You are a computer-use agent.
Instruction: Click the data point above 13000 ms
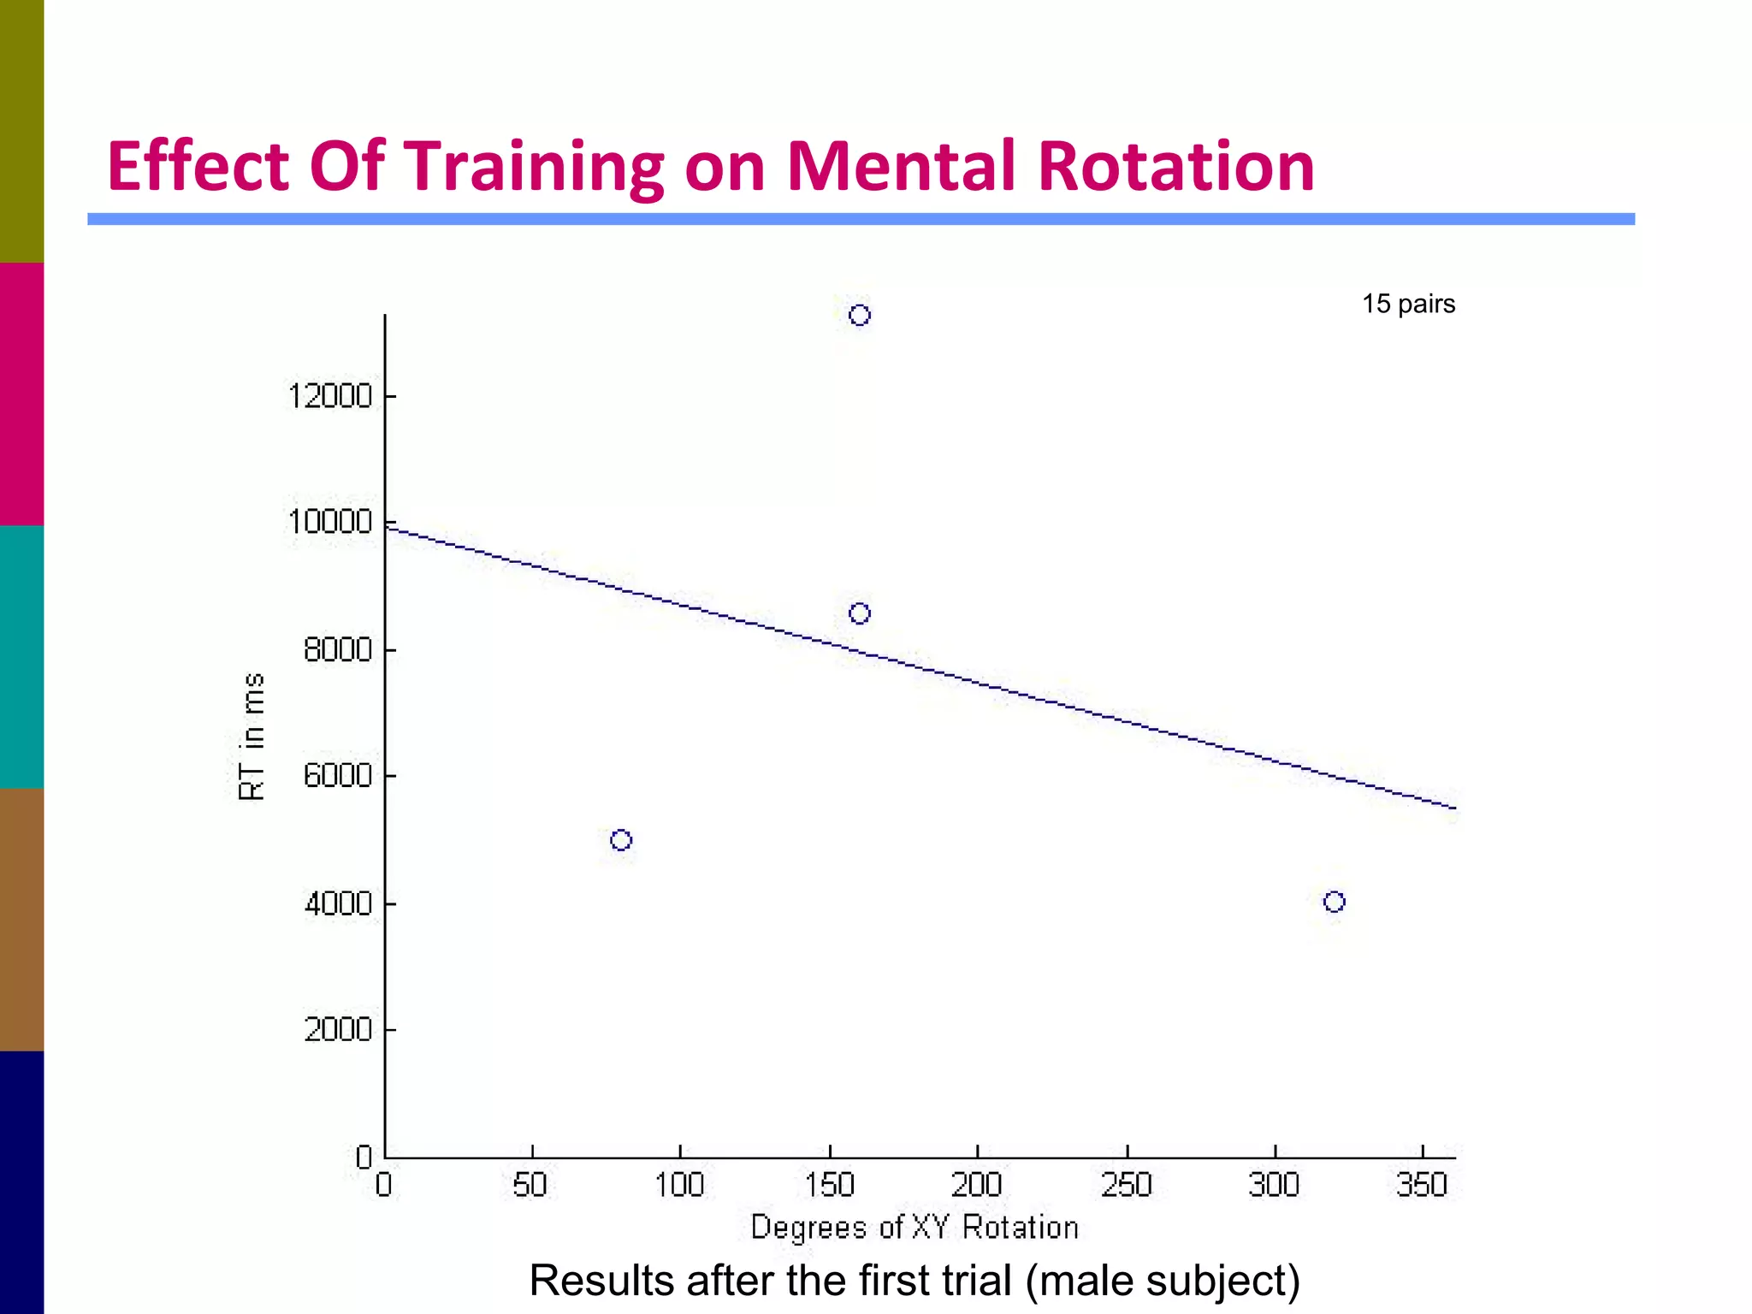pyautogui.click(x=860, y=316)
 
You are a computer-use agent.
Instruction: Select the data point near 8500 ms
pyautogui.click(x=860, y=613)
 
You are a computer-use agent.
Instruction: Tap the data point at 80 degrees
pyautogui.click(x=621, y=840)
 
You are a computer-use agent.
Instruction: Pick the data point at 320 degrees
pyautogui.click(x=1334, y=902)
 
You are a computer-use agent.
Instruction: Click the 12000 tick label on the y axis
pyautogui.click(x=330, y=397)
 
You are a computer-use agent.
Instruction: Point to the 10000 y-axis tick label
pyautogui.click(x=330, y=522)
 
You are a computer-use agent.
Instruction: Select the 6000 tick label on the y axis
pyautogui.click(x=338, y=776)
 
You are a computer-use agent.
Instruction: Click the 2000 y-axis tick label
pyautogui.click(x=338, y=1029)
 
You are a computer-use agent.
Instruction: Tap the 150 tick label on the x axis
pyautogui.click(x=829, y=1185)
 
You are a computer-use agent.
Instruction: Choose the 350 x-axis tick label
pyautogui.click(x=1422, y=1185)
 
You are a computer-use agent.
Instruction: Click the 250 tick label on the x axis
pyautogui.click(x=1127, y=1185)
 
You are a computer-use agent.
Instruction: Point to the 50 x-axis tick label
pyautogui.click(x=530, y=1185)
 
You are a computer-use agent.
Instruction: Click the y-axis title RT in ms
pyautogui.click(x=252, y=737)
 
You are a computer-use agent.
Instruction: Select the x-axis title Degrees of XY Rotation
pyautogui.click(x=914, y=1228)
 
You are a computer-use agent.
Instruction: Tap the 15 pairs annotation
pyautogui.click(x=1408, y=304)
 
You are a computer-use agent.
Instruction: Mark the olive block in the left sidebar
pyautogui.click(x=21, y=131)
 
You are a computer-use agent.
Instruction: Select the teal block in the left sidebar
pyautogui.click(x=21, y=656)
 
